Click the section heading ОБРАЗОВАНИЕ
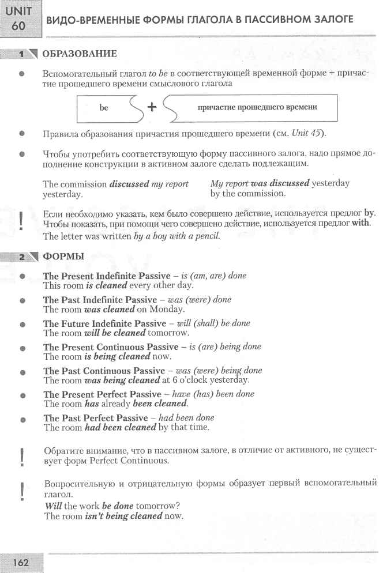point(80,54)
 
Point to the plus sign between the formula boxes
point(152,107)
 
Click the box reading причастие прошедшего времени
point(257,107)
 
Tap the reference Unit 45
point(307,134)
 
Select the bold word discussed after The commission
point(129,184)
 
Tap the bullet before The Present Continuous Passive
point(22,348)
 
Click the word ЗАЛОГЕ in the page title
point(330,20)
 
